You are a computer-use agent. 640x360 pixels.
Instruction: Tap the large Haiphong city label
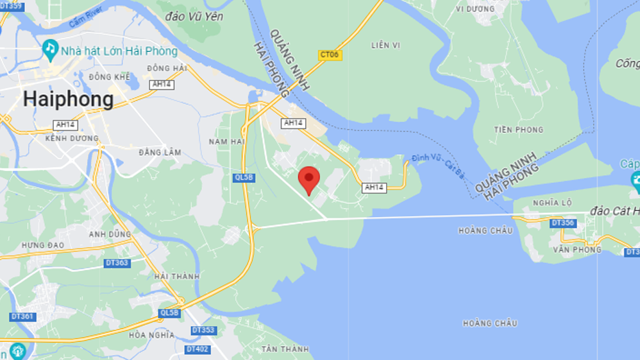69,99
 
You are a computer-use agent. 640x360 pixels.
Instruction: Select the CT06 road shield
330,55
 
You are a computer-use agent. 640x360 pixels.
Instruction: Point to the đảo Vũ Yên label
194,16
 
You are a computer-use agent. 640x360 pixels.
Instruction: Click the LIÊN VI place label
385,45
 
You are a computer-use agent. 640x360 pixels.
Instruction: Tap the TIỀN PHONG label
518,130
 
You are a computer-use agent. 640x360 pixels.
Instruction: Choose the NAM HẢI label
227,141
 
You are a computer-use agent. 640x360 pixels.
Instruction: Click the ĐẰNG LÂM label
160,153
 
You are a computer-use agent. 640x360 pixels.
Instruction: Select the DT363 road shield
116,263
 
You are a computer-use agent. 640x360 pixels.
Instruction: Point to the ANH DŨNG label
110,234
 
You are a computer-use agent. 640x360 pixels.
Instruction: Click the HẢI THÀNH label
176,277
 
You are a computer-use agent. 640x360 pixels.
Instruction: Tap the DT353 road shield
203,330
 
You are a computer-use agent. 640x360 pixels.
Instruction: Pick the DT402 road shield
198,349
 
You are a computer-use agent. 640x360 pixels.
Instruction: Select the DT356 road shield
562,223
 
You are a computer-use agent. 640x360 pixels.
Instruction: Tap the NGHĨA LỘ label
552,203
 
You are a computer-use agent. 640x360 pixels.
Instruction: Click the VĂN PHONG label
577,250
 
